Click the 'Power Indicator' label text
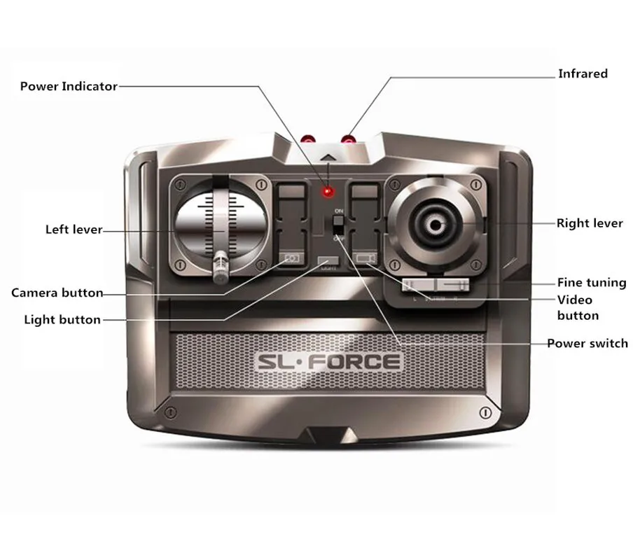tap(69, 86)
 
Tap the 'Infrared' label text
tap(582, 73)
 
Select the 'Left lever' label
tap(74, 229)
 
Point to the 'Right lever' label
tap(590, 223)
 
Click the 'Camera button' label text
tap(57, 293)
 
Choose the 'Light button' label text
tap(62, 320)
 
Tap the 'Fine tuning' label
tap(592, 282)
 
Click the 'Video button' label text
tap(578, 307)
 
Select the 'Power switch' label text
tap(587, 343)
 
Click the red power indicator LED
tap(326, 192)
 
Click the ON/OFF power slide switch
tap(338, 225)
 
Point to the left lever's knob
tap(220, 267)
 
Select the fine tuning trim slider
tap(435, 285)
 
